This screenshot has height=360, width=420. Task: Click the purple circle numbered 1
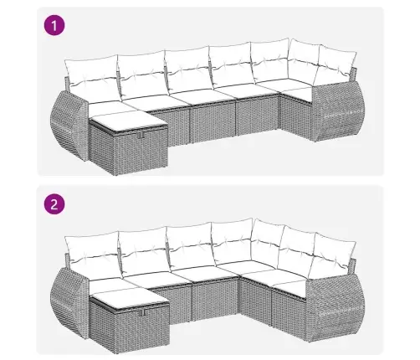[54, 26]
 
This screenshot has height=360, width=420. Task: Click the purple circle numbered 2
[54, 204]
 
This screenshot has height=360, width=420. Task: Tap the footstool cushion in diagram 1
[128, 121]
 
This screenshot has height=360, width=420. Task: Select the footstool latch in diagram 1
[141, 135]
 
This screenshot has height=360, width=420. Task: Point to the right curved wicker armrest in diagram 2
[335, 307]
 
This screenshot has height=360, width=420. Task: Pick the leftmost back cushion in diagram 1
[93, 76]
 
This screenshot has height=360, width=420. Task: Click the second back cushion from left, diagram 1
[143, 73]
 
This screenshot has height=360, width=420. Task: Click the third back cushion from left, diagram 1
[189, 69]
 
